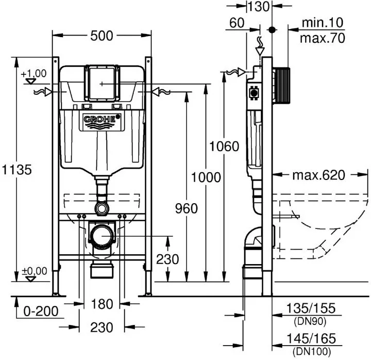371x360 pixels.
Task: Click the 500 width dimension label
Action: coord(102,36)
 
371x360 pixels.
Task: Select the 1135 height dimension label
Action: coord(17,170)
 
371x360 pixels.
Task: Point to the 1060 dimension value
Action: coord(224,146)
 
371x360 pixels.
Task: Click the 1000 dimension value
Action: coord(206,177)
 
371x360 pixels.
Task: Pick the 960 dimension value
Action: coord(187,209)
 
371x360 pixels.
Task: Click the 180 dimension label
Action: coord(102,304)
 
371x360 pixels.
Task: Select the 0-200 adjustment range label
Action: coord(41,311)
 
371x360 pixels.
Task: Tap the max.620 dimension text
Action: coord(319,175)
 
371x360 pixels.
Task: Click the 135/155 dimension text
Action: coord(311,308)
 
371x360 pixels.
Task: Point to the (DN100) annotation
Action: coord(312,351)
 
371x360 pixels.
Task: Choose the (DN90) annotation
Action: coord(310,321)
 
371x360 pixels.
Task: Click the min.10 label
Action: coord(323,23)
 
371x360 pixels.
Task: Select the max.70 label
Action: coord(323,38)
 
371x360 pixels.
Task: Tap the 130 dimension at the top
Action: coord(258,7)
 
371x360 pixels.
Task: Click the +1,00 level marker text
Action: coord(33,73)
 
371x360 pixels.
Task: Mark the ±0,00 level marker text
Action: coord(35,271)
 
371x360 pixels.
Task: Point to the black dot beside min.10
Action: coord(272,30)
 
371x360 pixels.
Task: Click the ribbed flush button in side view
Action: coord(281,86)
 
